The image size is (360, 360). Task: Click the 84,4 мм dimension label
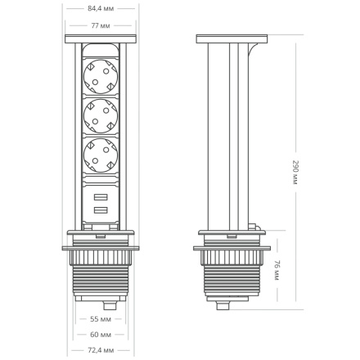(x=101, y=9)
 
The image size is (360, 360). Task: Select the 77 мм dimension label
(x=101, y=25)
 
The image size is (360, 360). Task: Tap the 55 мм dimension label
(x=101, y=320)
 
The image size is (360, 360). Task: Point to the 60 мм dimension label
(x=101, y=334)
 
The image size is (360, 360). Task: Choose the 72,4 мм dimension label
(x=101, y=350)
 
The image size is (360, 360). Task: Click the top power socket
(x=101, y=77)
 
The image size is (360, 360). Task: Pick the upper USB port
(x=101, y=199)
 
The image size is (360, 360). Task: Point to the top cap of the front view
(x=101, y=39)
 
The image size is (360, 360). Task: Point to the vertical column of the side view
(x=224, y=139)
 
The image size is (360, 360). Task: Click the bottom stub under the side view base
(x=225, y=308)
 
